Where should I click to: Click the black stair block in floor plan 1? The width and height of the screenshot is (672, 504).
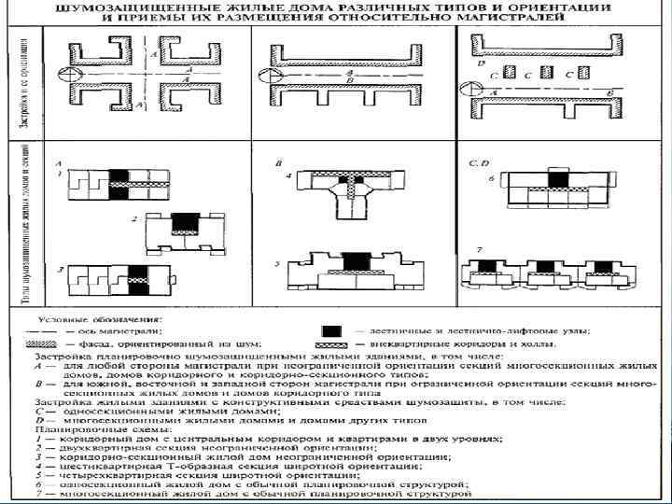tap(119, 180)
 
